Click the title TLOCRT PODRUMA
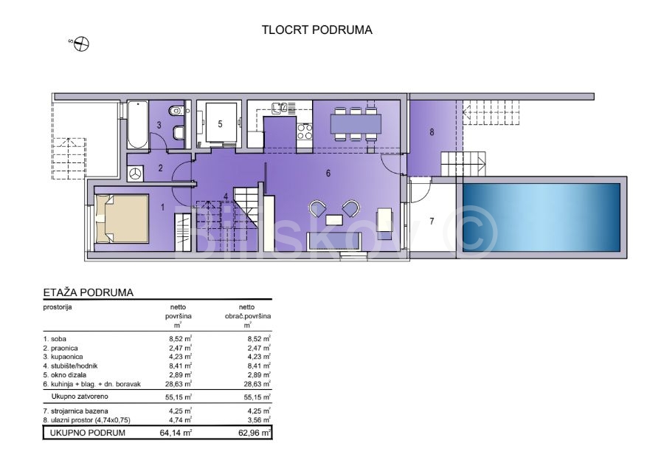tap(316, 30)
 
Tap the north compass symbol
tap(81, 44)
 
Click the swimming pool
tap(541, 217)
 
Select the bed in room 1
tap(122, 219)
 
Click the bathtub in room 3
tap(137, 125)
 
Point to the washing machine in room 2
tap(135, 174)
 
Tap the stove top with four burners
tap(305, 131)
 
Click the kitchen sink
tap(280, 108)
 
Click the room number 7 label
tap(432, 221)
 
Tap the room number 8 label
tap(432, 132)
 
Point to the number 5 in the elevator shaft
tap(220, 124)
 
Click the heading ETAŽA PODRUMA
tap(88, 292)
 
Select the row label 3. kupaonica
tap(63, 357)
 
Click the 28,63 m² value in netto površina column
tap(179, 384)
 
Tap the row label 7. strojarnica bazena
tap(75, 411)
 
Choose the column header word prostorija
tap(58, 307)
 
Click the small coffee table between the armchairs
tap(334, 220)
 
